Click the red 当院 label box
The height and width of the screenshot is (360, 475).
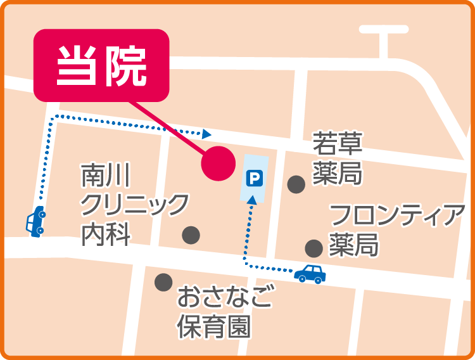pos(101,65)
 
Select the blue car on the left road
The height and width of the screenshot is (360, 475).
pos(35,221)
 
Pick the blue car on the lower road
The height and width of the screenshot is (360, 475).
pos(310,273)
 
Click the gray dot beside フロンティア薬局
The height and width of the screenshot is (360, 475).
pos(313,248)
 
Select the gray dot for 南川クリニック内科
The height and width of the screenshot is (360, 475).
pos(191,235)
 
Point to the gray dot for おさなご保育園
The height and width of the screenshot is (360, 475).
pos(163,281)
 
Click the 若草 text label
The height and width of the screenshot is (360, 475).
pos(338,145)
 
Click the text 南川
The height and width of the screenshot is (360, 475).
pos(105,176)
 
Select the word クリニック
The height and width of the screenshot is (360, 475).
pos(134,205)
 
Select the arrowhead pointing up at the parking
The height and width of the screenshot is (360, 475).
pos(252,199)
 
